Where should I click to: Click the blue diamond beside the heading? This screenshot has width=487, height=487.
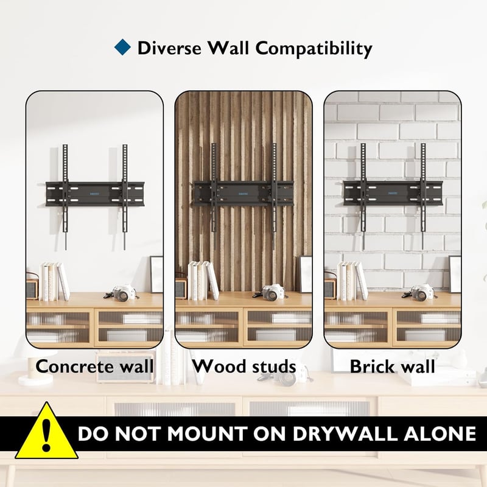(122, 47)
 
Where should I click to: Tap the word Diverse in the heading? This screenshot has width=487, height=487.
(169, 48)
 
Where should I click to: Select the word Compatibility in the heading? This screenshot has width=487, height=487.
(314, 49)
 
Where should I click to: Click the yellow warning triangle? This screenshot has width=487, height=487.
(47, 431)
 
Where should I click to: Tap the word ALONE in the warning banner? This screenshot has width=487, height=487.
(440, 433)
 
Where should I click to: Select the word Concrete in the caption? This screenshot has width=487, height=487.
(74, 366)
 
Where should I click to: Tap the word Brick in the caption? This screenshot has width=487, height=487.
(369, 366)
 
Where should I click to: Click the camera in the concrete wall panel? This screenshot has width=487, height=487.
(121, 293)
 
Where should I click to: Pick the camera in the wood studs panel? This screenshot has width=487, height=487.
(270, 293)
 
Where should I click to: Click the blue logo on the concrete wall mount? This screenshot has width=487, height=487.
(95, 194)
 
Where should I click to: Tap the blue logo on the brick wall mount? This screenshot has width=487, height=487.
(393, 193)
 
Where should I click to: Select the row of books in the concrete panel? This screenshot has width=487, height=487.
(55, 281)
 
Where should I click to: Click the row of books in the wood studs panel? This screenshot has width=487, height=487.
(203, 281)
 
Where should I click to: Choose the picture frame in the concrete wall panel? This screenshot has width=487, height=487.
(156, 275)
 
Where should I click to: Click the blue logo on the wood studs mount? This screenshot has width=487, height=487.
(243, 194)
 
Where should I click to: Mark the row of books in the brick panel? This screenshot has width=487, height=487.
(352, 281)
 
